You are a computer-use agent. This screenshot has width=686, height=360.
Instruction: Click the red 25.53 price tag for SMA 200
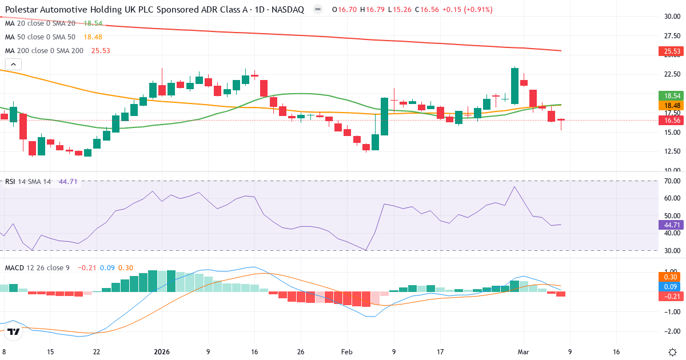click(672, 51)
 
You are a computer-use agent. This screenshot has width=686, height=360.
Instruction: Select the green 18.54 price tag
click(672, 96)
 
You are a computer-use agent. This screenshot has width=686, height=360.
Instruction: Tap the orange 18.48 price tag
click(672, 106)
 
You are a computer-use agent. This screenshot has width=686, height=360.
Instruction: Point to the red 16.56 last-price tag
click(672, 121)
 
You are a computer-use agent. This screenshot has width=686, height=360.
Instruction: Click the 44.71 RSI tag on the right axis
click(672, 225)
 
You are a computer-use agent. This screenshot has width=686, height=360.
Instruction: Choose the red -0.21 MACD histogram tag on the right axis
click(672, 296)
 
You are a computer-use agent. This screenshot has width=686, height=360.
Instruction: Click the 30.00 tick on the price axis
click(672, 16)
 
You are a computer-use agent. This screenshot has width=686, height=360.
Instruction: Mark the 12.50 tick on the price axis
click(672, 151)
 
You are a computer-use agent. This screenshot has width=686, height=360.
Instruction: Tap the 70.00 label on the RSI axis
click(672, 181)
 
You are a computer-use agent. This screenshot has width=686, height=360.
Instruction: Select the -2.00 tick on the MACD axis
click(672, 331)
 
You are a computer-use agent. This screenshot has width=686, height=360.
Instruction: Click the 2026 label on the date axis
click(162, 351)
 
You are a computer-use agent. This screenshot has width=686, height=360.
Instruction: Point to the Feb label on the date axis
click(348, 351)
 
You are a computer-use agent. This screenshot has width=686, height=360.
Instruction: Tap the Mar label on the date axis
click(524, 351)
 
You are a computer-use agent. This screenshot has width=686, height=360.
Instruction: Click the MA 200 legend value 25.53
click(97, 50)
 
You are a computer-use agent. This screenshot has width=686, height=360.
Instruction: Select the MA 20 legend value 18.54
click(93, 23)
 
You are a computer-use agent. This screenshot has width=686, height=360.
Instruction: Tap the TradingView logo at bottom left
click(14, 331)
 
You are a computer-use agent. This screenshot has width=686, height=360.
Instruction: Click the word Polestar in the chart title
click(21, 10)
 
